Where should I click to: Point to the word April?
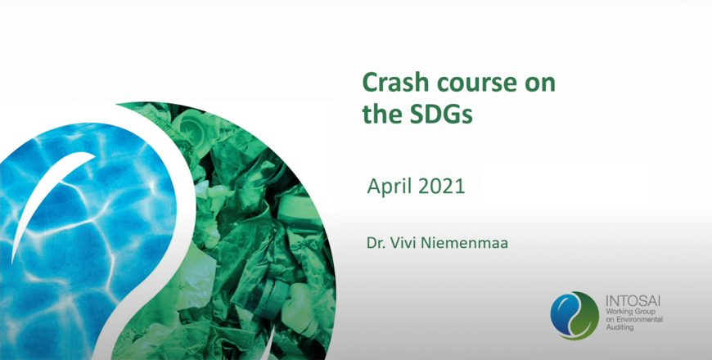point(390,187)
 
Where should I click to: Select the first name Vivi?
point(404,243)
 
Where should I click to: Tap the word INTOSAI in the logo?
point(633,301)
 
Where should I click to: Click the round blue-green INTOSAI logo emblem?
point(575,316)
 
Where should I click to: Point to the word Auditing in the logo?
point(620,327)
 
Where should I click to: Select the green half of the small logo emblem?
point(587,317)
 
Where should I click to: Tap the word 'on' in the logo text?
point(611,320)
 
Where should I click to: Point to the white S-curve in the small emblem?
point(575,316)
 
